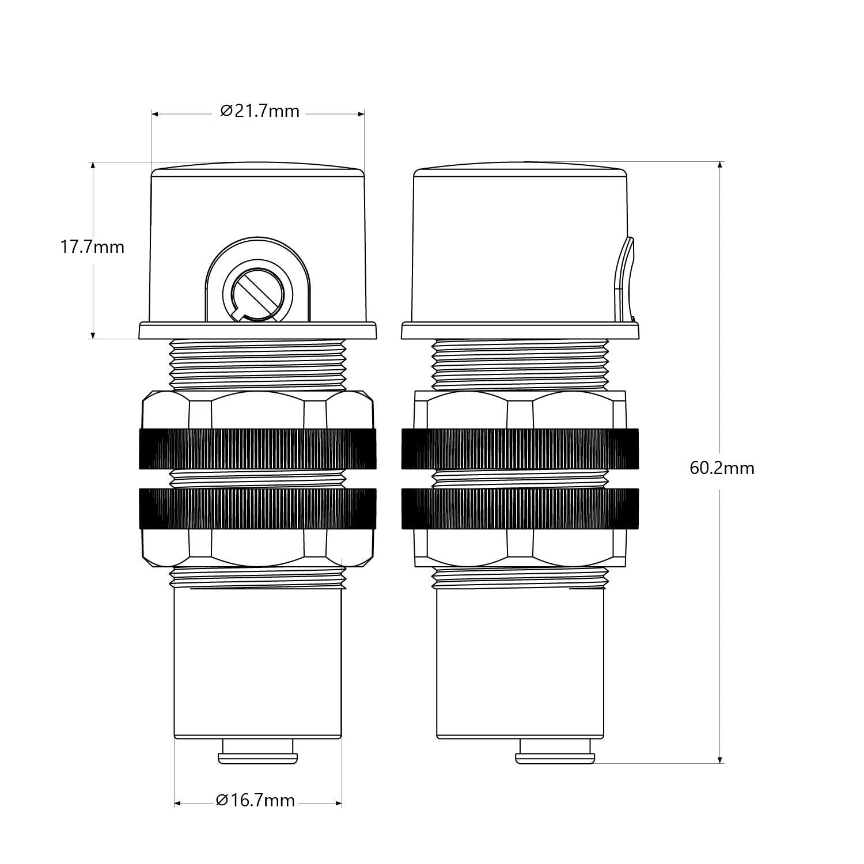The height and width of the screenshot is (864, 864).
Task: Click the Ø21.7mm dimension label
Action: click(260, 111)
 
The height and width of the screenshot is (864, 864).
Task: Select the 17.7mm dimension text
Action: click(92, 247)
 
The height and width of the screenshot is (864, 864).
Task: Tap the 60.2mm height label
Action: click(722, 468)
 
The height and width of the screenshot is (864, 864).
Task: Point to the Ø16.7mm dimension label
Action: click(255, 800)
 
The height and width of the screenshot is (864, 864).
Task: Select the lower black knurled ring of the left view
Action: click(257, 509)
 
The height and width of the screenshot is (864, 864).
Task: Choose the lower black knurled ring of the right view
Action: click(520, 509)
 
